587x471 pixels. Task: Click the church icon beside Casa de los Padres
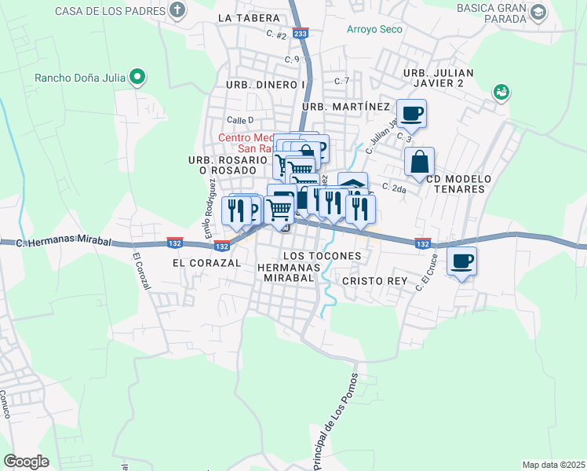tap(178, 11)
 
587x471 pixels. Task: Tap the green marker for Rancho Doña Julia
tap(139, 77)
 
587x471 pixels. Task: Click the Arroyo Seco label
tap(375, 30)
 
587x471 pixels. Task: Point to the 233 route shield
tap(300, 34)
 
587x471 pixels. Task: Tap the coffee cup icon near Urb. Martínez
tap(411, 114)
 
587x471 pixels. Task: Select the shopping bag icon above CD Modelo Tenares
tap(420, 162)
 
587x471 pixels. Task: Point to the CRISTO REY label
tap(373, 280)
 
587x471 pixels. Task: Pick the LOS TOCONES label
tap(322, 256)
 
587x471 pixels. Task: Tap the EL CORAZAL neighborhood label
tap(206, 264)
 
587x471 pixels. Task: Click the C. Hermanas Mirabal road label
tap(66, 243)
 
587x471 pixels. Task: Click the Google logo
tap(26, 462)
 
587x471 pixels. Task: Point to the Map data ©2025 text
tap(553, 465)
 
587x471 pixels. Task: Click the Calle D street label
tap(240, 120)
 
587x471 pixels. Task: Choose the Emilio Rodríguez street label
tap(210, 207)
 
